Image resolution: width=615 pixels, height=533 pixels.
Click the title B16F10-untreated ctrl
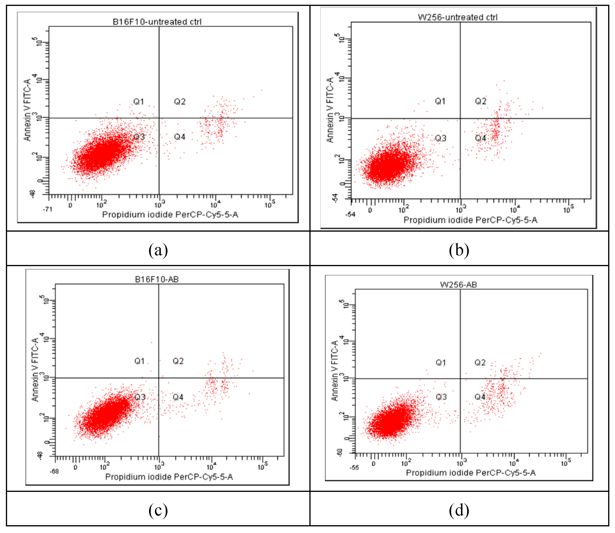(157, 22)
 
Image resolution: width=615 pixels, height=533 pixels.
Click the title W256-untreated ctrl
(457, 17)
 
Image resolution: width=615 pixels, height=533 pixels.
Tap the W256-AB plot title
(458, 285)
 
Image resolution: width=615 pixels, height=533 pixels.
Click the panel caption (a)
(158, 250)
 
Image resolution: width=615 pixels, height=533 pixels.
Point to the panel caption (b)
(459, 250)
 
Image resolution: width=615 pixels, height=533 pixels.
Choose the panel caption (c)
(158, 510)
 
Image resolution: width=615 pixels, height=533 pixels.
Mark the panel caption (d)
(459, 510)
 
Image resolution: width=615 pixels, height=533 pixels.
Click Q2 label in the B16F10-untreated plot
(180, 102)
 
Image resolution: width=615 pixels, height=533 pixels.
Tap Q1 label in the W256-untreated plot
(440, 101)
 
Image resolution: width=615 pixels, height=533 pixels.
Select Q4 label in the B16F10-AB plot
(178, 397)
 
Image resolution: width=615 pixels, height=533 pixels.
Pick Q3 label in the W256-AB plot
(441, 397)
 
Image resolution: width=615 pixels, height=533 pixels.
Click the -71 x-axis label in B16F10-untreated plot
(47, 209)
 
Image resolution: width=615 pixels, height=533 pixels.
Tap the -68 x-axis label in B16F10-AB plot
(54, 472)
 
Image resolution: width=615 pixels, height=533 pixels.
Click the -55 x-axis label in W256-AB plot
(354, 468)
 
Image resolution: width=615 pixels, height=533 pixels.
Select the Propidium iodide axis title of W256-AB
(471, 473)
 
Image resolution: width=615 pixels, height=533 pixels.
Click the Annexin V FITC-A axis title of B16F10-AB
(35, 369)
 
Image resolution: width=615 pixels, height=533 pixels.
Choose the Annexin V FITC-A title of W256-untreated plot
(330, 110)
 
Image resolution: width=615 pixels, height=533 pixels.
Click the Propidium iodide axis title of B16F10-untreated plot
(170, 214)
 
